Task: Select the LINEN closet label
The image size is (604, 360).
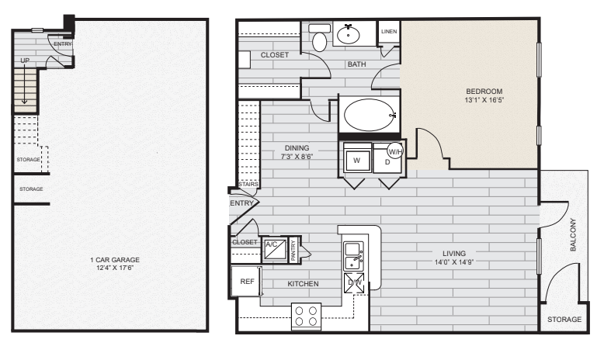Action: (389, 32)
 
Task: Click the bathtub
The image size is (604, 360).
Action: (368, 116)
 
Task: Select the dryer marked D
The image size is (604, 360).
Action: (386, 162)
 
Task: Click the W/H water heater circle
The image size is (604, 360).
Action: (395, 151)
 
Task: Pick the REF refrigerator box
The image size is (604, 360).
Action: (247, 282)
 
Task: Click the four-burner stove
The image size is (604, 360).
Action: (306, 315)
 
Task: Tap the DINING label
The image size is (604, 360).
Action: (297, 147)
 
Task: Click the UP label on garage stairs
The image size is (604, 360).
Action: (25, 61)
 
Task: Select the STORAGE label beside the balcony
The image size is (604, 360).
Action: (564, 320)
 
